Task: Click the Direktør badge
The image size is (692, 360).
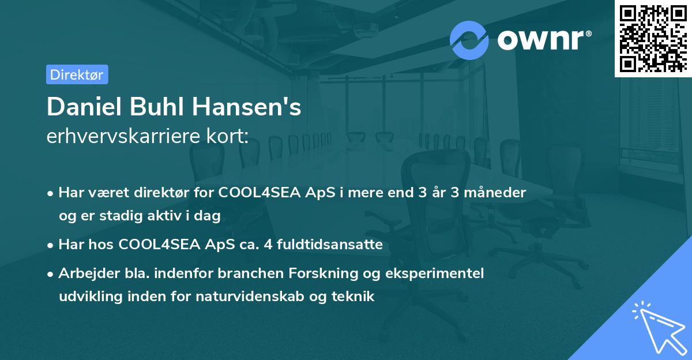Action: [x=77, y=74]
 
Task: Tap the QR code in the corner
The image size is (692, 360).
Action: [x=653, y=38]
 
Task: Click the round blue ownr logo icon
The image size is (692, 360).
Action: [x=469, y=40]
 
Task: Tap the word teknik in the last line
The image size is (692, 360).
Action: [x=355, y=297]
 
